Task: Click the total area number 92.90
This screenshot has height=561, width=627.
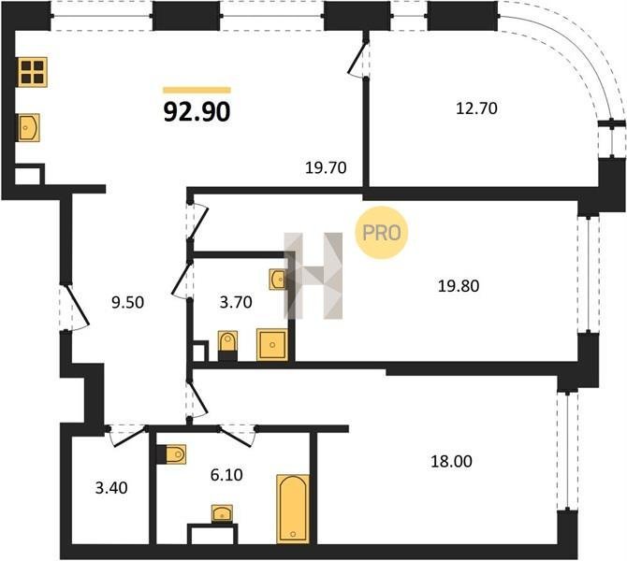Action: pos(197,111)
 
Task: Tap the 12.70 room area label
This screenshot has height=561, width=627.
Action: pos(476,108)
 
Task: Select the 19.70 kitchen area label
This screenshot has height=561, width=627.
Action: pos(326,167)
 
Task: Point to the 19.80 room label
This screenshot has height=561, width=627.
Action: pos(459,286)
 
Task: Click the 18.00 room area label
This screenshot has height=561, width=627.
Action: pos(451,462)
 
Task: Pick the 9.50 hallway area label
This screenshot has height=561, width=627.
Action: pos(127,303)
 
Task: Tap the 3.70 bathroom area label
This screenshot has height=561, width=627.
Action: pos(236,303)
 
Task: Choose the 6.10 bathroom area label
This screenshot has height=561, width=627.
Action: pos(226,475)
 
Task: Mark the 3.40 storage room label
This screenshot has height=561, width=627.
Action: pos(111,488)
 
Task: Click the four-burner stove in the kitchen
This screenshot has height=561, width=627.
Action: pos(33,72)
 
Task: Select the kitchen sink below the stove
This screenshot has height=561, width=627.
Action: pos(29,127)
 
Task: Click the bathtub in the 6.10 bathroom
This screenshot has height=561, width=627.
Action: pos(293,509)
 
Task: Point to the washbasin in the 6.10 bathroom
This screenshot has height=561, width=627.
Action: pos(223,513)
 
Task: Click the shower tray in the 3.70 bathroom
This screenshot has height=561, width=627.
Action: pos(272,344)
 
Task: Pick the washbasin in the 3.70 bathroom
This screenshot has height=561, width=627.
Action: pos(278,280)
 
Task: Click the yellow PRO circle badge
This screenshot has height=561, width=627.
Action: pos(382,232)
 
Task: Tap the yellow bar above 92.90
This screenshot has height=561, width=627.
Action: pos(197,90)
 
